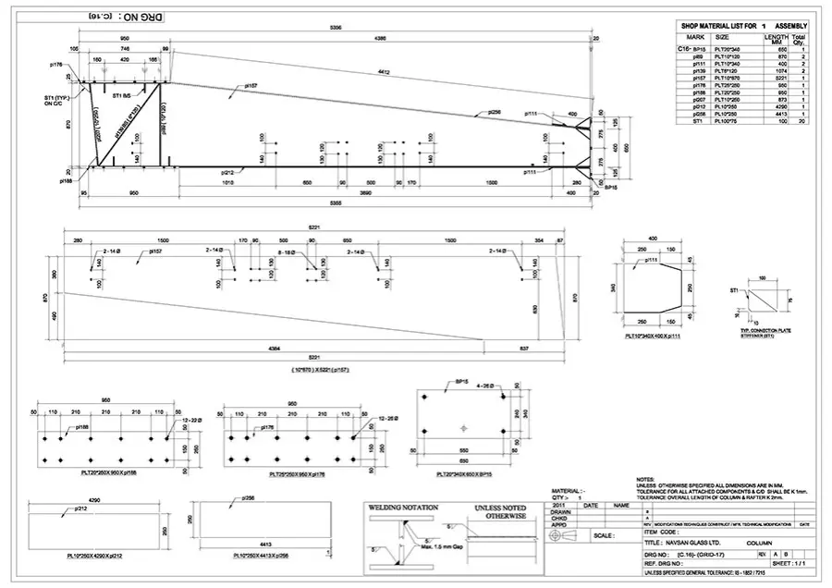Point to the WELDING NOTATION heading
pos(404,508)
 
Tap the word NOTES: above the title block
pos(648,479)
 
